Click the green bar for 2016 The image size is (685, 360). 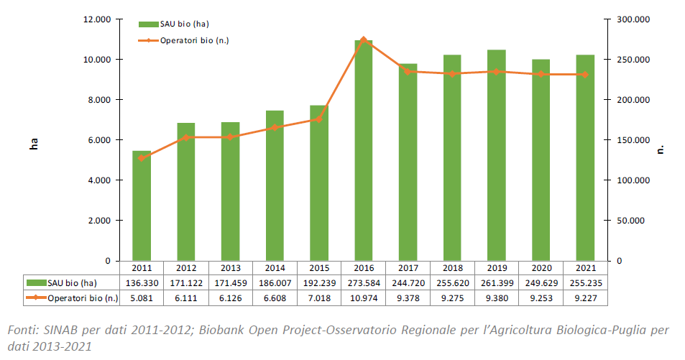(x=364, y=151)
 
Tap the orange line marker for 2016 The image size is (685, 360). (x=364, y=40)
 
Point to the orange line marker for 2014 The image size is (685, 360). (x=275, y=127)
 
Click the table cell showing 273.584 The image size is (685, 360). (x=364, y=282)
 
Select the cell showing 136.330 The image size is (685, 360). (x=142, y=282)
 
